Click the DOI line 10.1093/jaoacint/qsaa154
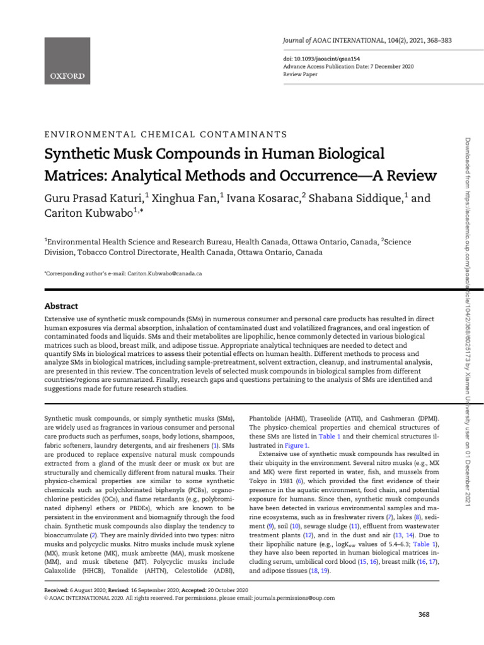pyautogui.click(x=316, y=58)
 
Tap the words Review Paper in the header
pyautogui.click(x=300, y=74)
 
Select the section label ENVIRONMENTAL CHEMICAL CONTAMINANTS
pyautogui.click(x=165, y=134)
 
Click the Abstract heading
pyautogui.click(x=61, y=306)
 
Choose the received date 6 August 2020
pyautogui.click(x=88, y=590)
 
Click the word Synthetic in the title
pyautogui.click(x=79, y=154)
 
